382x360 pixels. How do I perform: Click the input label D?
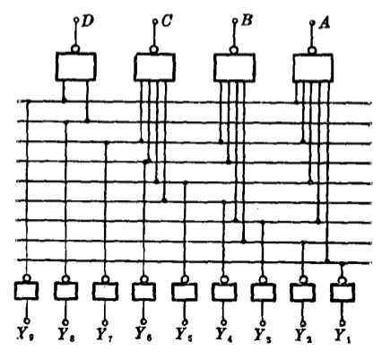(x=87, y=22)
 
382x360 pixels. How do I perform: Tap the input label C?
(x=166, y=22)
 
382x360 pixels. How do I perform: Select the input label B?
(x=246, y=22)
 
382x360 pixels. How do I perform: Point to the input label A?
(x=325, y=23)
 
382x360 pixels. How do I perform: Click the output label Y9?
(x=26, y=334)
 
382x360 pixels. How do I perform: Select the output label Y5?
(x=184, y=335)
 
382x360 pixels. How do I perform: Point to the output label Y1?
(x=343, y=336)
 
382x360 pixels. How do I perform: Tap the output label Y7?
(x=105, y=335)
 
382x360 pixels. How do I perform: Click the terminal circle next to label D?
(x=76, y=20)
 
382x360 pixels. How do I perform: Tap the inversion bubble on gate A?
(x=312, y=50)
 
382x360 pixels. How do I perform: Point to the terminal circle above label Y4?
(x=223, y=322)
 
